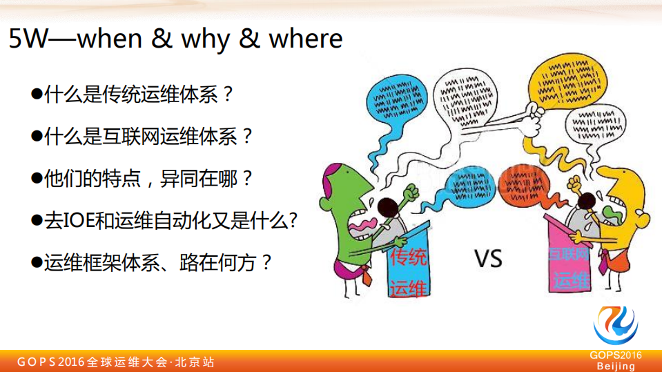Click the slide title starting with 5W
tap(175, 39)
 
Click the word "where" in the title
tap(305, 39)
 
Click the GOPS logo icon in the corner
tap(616, 326)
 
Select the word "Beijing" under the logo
tap(616, 366)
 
